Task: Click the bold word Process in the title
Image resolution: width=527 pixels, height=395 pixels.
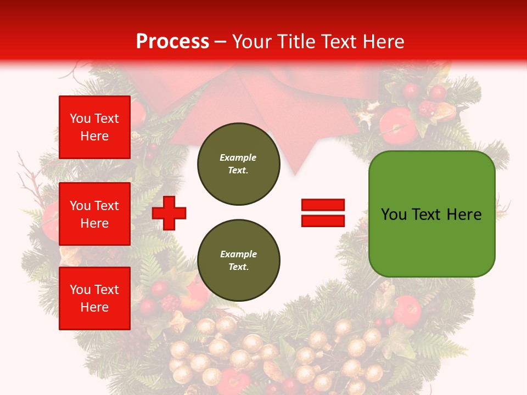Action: (x=172, y=42)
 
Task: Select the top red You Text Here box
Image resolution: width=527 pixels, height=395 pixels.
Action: (x=94, y=127)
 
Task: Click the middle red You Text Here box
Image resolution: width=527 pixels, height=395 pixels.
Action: (x=94, y=214)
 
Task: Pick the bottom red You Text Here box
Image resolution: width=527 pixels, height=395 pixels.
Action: (x=94, y=298)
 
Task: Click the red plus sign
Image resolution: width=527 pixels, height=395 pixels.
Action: (x=169, y=213)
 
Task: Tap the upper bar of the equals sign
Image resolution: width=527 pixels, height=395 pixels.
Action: (x=323, y=205)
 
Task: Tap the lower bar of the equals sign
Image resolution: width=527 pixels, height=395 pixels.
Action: (x=323, y=221)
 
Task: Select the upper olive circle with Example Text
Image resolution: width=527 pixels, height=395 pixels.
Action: (x=238, y=164)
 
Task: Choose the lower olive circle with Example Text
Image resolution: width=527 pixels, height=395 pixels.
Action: (x=238, y=261)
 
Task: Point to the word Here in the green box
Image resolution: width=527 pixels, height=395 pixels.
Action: (x=464, y=215)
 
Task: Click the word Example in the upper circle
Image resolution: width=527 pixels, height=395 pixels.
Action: (x=238, y=157)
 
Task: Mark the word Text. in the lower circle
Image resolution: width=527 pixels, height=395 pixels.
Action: (x=238, y=267)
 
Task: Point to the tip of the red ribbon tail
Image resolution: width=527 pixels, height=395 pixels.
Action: (x=295, y=174)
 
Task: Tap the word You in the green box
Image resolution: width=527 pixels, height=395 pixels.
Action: (x=394, y=215)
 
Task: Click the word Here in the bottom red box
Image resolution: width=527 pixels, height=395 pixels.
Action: (x=94, y=307)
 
